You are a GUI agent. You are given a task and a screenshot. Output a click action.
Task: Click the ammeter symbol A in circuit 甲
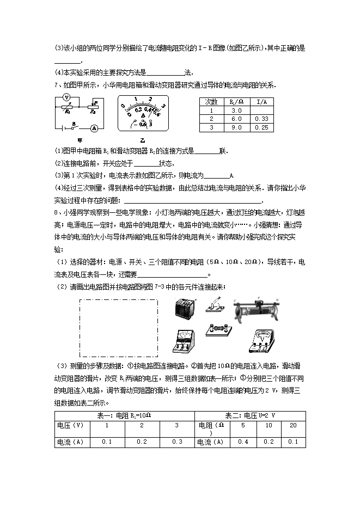[x=94, y=128]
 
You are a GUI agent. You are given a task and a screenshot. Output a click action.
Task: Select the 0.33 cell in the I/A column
[x=262, y=119]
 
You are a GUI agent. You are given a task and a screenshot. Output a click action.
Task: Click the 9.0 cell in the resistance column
[x=236, y=127]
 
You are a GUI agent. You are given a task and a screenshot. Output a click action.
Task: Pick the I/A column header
[x=262, y=102]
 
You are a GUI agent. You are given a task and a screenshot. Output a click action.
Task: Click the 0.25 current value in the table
[x=262, y=127]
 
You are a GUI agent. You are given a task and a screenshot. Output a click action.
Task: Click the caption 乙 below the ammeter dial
[x=142, y=139]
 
